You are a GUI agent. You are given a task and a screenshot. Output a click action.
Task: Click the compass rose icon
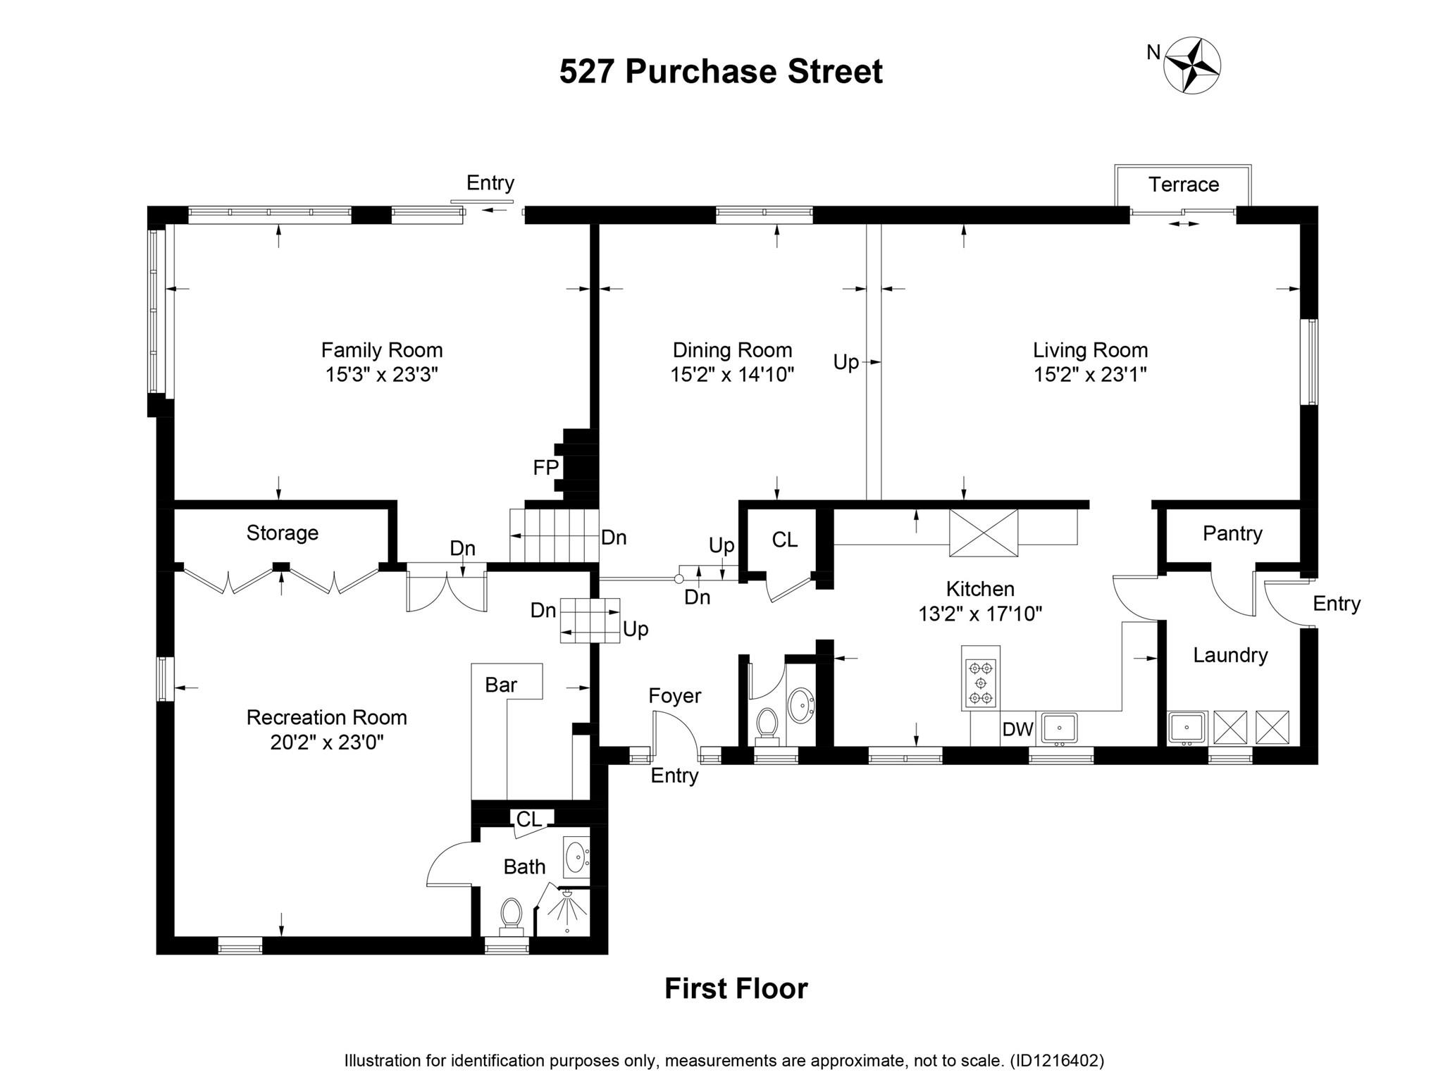[1191, 66]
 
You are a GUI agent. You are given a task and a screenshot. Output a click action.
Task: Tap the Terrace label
[1183, 185]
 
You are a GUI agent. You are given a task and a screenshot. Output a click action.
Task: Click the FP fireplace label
[545, 467]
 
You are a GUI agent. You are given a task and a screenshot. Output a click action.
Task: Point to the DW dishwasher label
[1017, 729]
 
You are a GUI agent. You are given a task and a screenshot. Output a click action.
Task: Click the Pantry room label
[1232, 533]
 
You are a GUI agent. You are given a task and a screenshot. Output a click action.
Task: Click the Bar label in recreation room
[501, 685]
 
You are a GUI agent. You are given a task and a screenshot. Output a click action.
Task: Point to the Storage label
[282, 533]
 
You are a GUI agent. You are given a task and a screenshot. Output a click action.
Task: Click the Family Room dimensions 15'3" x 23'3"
[381, 374]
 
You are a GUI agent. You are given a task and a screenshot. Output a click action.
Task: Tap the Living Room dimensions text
[1090, 374]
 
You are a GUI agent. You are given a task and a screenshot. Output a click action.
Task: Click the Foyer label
[674, 696]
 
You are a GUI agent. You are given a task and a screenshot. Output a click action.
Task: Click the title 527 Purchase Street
[720, 72]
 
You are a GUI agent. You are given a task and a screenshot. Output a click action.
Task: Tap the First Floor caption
[736, 988]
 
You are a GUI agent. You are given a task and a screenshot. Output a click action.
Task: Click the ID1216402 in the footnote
[1057, 1061]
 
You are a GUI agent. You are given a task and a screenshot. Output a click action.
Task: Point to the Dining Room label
[732, 350]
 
